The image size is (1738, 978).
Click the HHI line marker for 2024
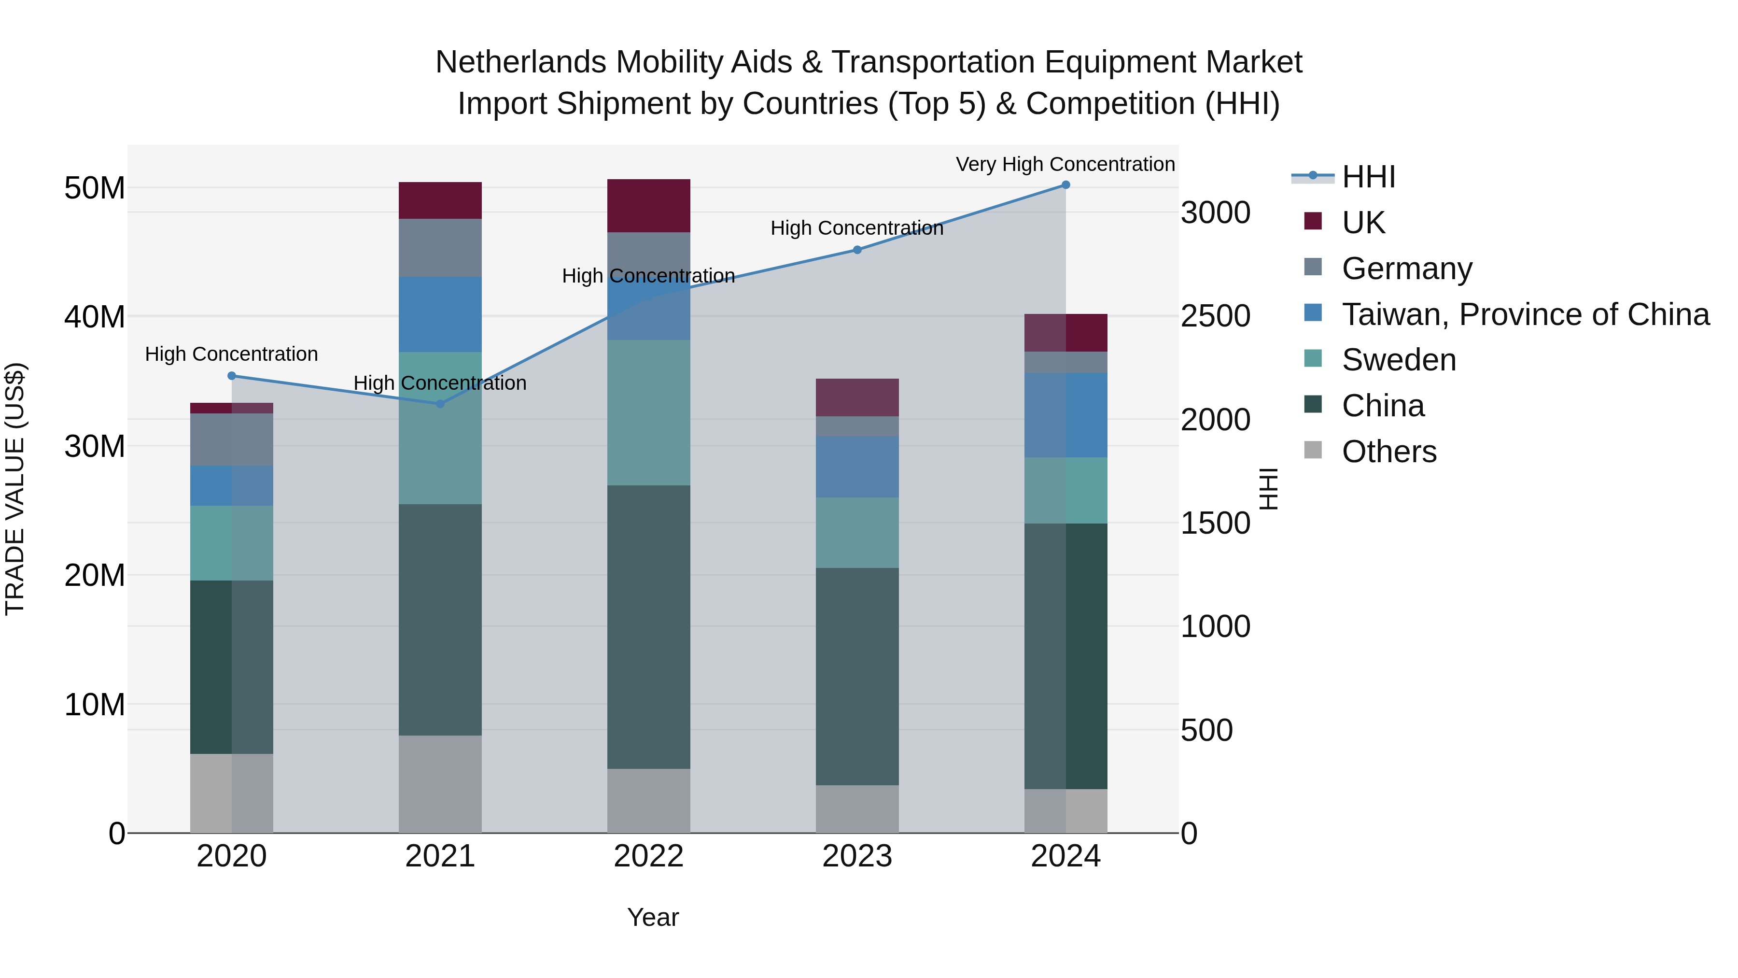point(1065,185)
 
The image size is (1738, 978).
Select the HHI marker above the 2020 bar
point(231,376)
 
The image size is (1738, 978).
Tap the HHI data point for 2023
point(857,250)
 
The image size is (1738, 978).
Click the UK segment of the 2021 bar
point(440,200)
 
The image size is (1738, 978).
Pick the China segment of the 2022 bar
point(648,626)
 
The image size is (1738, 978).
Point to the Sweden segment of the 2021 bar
point(440,428)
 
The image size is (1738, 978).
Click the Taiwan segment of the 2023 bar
point(857,467)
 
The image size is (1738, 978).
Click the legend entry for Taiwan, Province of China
point(1525,314)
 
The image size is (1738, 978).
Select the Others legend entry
point(1388,452)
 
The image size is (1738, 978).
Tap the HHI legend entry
point(1368,177)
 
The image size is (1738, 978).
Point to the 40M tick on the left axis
point(95,316)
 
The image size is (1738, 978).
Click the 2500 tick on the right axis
point(1215,316)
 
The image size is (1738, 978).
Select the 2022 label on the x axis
point(648,856)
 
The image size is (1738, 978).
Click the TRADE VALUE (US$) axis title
point(15,489)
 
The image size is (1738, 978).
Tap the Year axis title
point(652,917)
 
